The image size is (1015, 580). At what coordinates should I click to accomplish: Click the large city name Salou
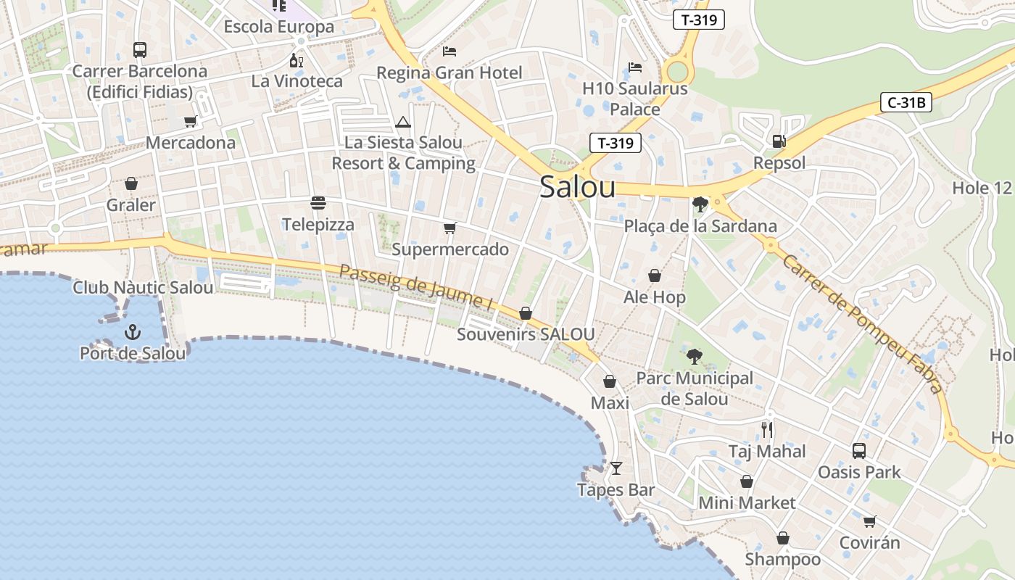coord(578,187)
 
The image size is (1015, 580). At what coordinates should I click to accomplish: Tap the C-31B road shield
coord(906,102)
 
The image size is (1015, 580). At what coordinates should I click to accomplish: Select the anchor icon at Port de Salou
coord(133,332)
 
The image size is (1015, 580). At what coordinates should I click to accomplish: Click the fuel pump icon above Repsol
coord(779,141)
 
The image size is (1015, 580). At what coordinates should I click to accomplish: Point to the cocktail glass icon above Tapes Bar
coord(616,468)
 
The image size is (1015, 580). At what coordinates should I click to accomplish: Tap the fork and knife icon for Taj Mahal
coord(767,430)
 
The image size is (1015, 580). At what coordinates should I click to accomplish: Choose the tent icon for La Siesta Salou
coord(403,122)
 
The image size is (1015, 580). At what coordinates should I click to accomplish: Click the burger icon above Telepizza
coord(318,202)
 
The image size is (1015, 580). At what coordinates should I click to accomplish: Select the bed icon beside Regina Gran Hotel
coord(449,51)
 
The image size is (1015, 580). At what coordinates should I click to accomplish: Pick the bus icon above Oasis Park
coord(859,451)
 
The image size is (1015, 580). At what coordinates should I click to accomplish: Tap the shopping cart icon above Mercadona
coord(191,121)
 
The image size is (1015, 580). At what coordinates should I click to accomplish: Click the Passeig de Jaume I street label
coord(417,288)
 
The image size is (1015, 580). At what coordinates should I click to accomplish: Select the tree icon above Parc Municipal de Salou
coord(695,356)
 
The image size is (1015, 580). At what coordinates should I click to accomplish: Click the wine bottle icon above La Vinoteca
coord(296,60)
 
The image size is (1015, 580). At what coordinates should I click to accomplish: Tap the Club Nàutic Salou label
coord(143,288)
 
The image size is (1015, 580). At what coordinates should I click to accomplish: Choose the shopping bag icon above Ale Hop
coord(655,275)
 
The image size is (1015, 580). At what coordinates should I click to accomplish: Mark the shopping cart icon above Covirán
coord(870,521)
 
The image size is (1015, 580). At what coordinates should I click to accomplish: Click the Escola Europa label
coord(279,27)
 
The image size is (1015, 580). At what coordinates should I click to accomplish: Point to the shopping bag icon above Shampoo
coord(783,538)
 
